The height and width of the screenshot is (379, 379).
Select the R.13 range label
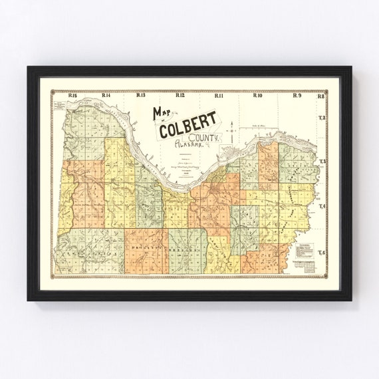141,96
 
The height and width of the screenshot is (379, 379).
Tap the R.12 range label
180,96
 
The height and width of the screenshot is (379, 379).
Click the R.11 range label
218,96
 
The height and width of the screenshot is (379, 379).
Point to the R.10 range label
257,96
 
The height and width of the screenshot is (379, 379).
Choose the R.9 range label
297,96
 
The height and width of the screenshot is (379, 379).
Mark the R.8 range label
320,96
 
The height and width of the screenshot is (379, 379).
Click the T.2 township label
322,118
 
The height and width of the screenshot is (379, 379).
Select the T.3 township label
322,162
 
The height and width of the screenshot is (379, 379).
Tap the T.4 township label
322,207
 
